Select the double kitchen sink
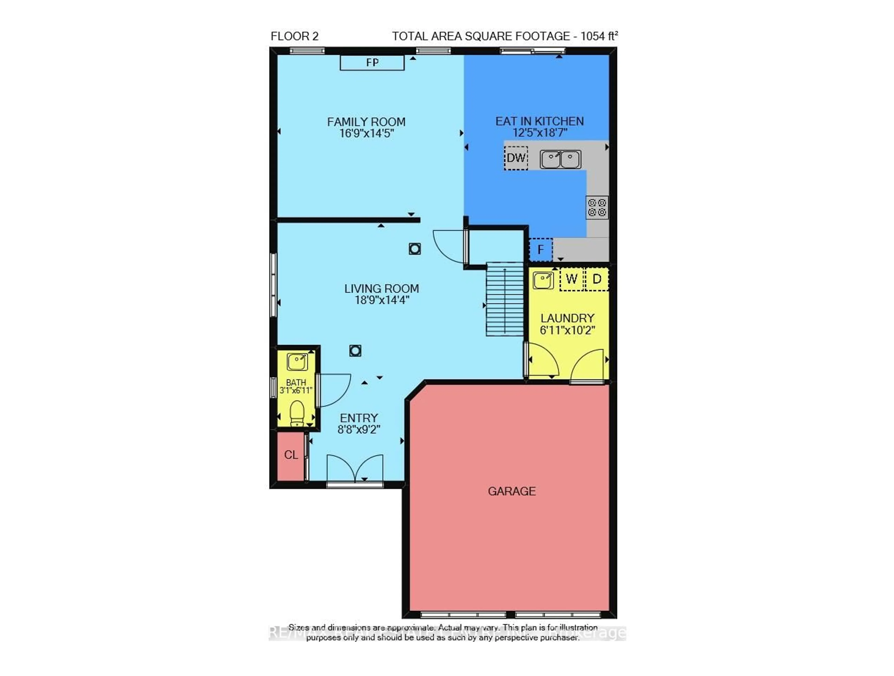[561, 159]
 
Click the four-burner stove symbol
[597, 207]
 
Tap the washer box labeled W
[572, 279]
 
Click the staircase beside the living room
[505, 299]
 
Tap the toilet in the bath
[297, 413]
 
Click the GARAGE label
[512, 491]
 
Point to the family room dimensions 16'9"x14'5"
[366, 133]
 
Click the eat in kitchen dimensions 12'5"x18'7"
[540, 133]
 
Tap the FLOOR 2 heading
[295, 36]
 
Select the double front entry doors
[355, 469]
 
